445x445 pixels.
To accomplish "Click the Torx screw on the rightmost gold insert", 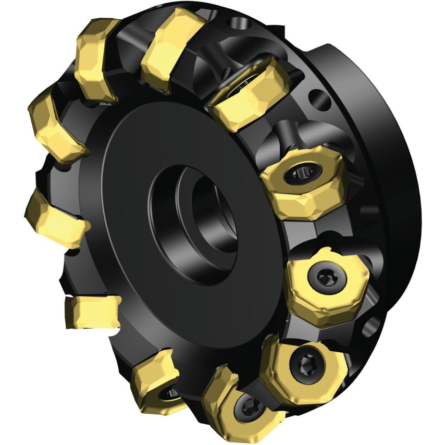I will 324,276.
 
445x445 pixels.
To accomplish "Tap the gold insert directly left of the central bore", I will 55,216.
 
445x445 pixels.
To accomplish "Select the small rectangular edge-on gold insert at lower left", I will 91,311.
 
